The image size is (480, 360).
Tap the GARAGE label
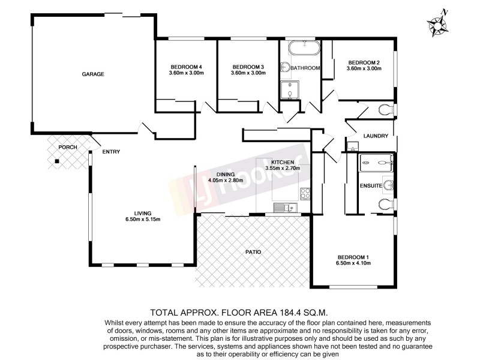coord(93,74)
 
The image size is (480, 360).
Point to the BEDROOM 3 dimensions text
coord(248,73)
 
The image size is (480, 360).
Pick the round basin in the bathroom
coord(286,68)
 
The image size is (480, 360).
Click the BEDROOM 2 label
coord(364,62)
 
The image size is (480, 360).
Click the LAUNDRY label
coord(376,136)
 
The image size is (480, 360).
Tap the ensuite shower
coord(376,163)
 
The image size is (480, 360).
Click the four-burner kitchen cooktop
coord(305,193)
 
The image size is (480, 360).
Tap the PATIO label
coord(254,252)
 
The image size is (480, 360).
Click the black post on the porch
coord(56,161)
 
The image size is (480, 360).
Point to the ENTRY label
coord(111,152)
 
